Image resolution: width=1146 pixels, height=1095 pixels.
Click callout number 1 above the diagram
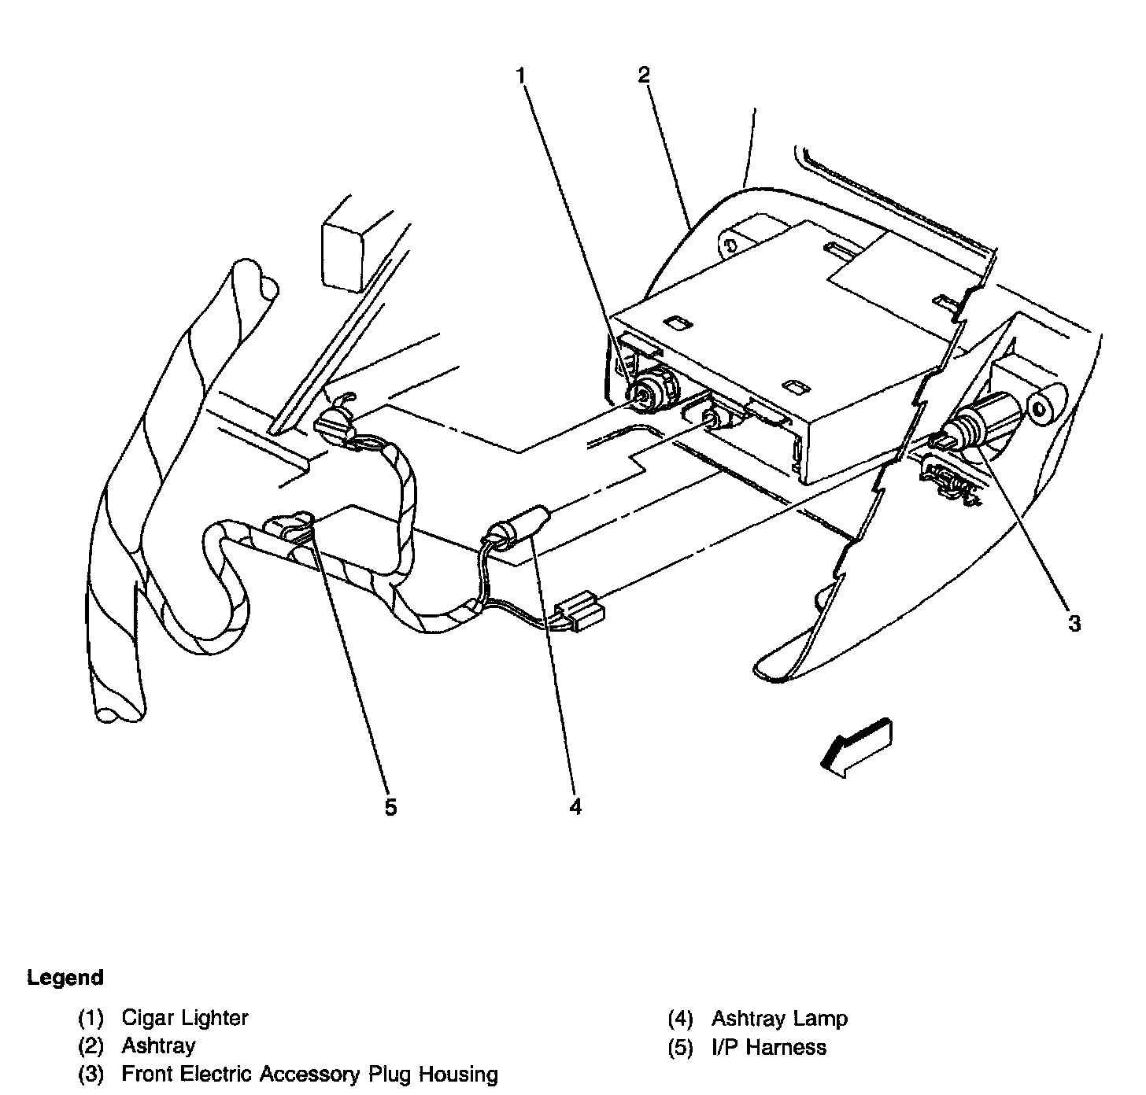pos(520,76)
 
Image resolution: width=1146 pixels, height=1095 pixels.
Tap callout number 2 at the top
pos(644,76)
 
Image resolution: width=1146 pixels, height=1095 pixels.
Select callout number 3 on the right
pos(1074,624)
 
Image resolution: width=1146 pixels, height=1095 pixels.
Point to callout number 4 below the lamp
pos(575,806)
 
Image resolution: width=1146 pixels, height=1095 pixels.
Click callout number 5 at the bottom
pos(391,807)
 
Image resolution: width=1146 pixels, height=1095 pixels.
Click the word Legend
pos(65,978)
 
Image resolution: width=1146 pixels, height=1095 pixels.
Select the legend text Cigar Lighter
pos(185,1018)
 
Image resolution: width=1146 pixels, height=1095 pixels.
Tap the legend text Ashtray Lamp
pos(779,1019)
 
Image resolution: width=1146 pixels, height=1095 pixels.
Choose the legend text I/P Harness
pos(769,1047)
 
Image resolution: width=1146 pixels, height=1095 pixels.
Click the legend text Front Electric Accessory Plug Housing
pos(309,1075)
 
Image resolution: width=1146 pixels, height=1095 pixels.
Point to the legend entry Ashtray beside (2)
pos(158,1046)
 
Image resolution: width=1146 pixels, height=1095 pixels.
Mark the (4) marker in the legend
pos(680,1019)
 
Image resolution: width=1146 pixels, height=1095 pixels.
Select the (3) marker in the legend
pos(91,1075)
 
